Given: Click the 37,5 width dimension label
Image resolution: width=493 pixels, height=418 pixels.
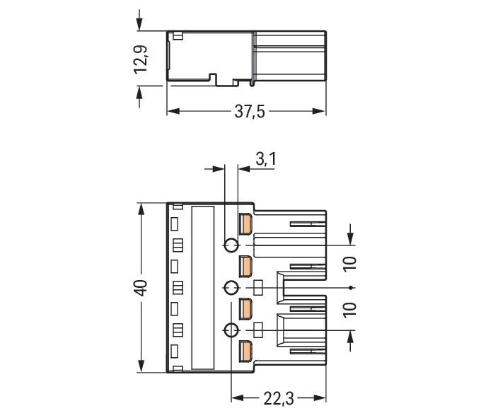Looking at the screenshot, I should point(249,112).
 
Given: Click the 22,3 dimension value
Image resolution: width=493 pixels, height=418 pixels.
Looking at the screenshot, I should point(277,400).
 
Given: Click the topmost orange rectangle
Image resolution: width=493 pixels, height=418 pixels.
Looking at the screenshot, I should point(245,224).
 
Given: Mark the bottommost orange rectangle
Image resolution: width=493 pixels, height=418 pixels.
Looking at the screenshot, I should point(245,351).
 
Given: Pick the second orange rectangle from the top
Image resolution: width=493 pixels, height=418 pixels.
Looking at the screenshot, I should point(245,267).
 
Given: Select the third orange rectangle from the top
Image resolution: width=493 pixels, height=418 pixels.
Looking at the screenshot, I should point(245,309).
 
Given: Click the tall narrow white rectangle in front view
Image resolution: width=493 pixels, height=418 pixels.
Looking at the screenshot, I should point(204,287).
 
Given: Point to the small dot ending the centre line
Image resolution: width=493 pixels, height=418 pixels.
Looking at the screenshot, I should point(352,288).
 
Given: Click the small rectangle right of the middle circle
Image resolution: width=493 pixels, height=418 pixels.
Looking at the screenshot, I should point(258,287).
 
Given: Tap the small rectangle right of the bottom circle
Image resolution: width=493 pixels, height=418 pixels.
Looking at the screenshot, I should point(258,329).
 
